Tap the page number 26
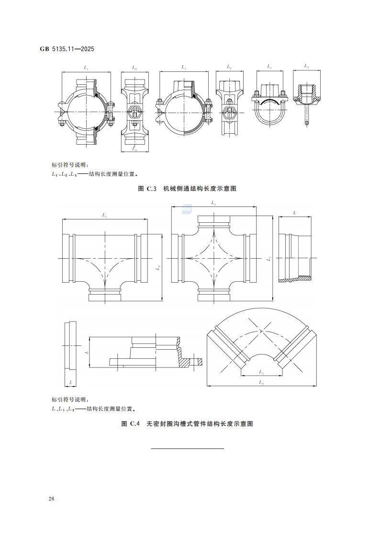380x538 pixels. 51,499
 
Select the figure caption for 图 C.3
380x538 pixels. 187,189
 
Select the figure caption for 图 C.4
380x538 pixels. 187,424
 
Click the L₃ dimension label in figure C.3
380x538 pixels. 134,150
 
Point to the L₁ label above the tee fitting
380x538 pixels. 104,216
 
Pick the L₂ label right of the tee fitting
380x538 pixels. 158,268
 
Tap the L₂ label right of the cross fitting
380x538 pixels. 269,259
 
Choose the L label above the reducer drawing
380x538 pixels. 294,212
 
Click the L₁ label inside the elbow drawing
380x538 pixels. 261,371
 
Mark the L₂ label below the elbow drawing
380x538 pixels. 261,382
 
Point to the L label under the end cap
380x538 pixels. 70,382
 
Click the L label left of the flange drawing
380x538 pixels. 87,352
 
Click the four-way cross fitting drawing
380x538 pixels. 213,259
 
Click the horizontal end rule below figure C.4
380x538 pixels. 187,448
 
